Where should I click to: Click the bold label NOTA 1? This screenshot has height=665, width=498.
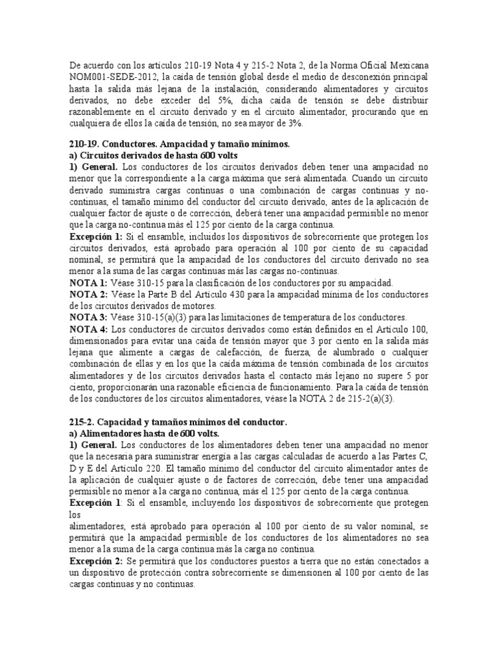(x=89, y=283)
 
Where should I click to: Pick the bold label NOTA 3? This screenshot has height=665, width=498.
(x=89, y=317)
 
